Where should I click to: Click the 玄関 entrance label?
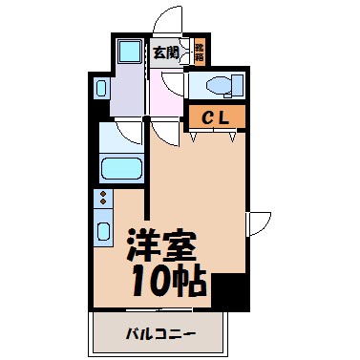click(165, 53)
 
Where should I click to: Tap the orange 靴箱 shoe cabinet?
click(200, 53)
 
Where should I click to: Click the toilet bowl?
click(221, 86)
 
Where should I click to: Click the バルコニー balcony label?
click(159, 335)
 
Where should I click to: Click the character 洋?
click(142, 244)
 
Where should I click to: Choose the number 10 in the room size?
click(145, 279)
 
